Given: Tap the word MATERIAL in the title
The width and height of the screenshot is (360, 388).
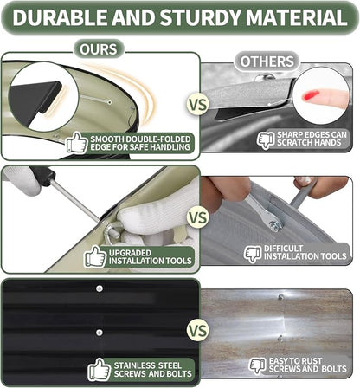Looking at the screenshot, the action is (x=296, y=17).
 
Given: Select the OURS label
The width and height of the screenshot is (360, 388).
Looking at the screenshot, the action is (x=99, y=49).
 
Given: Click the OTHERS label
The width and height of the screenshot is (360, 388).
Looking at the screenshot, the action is (x=267, y=61).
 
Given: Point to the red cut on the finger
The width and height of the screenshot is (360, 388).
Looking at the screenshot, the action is (x=311, y=95).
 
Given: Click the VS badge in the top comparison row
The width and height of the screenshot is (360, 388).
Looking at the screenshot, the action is (x=198, y=104).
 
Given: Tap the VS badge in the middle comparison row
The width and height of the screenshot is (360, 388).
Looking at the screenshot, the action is (x=198, y=217).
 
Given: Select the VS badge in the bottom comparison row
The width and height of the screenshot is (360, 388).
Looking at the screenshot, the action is (x=198, y=331).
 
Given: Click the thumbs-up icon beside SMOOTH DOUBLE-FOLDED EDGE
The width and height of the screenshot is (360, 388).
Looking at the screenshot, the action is (x=76, y=142).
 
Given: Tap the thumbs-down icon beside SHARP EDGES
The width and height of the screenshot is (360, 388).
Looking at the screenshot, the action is (x=266, y=140).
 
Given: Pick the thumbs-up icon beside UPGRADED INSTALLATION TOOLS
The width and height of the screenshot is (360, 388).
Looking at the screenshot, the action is (x=95, y=256).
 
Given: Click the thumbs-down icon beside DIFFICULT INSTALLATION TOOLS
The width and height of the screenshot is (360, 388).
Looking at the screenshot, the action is (x=253, y=254).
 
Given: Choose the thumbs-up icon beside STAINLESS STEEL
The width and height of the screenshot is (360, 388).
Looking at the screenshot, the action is (x=99, y=369).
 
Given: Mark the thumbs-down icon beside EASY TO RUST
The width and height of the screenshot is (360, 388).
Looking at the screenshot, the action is (x=257, y=366).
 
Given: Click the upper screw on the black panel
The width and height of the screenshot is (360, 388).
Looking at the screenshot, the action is (x=100, y=288).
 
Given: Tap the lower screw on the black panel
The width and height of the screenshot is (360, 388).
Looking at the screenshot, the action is (x=100, y=333).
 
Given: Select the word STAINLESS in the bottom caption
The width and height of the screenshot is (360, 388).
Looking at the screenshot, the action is (x=133, y=365).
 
